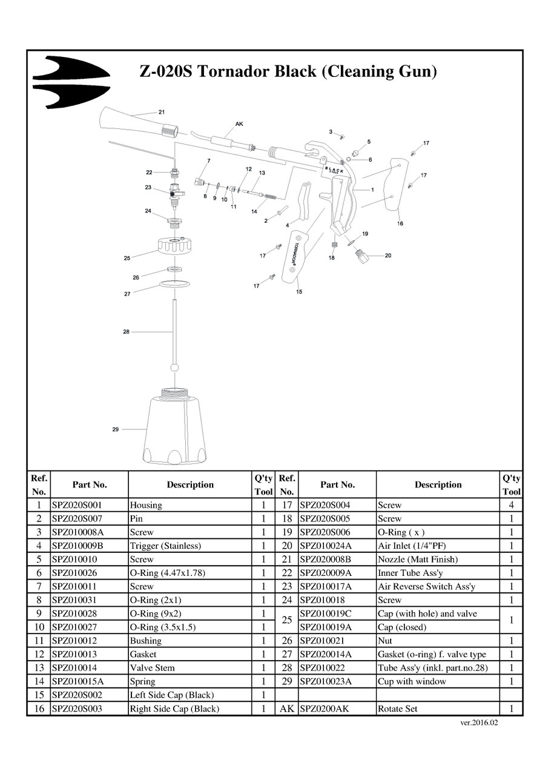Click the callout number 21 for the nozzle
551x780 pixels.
tap(162, 112)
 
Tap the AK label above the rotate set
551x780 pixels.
tap(239, 124)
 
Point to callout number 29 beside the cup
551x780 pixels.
tap(116, 429)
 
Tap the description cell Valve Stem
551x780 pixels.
tap(153, 668)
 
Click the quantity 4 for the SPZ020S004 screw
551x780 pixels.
tap(512, 504)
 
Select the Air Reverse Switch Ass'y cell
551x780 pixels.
tap(426, 586)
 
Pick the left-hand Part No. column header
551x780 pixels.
tap(90, 484)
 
